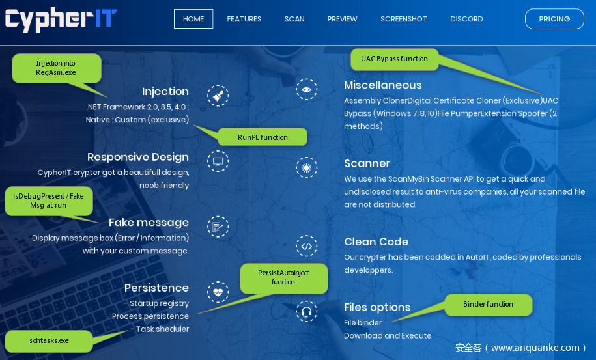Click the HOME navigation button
(x=193, y=19)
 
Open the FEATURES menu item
(x=244, y=19)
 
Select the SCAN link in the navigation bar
(x=294, y=19)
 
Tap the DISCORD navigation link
(x=466, y=19)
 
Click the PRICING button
(x=554, y=19)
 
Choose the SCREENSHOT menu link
(x=404, y=19)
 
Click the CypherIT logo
(x=61, y=20)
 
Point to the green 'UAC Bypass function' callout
(x=394, y=59)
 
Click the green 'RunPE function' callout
(x=263, y=137)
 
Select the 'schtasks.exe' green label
(x=49, y=341)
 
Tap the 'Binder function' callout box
(x=488, y=305)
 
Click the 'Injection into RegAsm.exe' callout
(x=56, y=68)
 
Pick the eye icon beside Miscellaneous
(x=306, y=90)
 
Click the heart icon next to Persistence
(x=218, y=292)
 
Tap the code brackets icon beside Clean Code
(x=306, y=246)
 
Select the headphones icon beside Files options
(x=306, y=312)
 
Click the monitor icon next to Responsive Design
(x=218, y=161)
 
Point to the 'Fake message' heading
(x=149, y=223)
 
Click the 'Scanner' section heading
(x=367, y=163)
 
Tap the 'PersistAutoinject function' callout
(x=283, y=277)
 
